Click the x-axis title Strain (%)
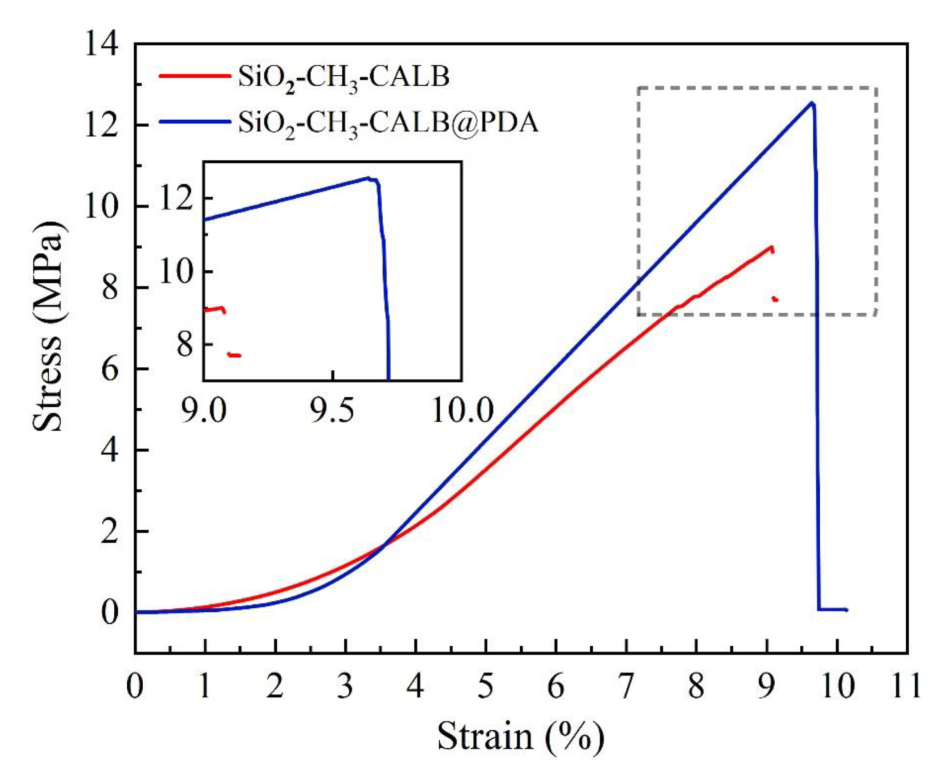[520, 737]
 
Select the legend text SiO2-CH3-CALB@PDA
[388, 122]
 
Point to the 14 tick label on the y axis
[102, 44]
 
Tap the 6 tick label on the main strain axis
[556, 686]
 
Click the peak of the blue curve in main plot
[812, 103]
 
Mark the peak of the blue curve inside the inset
[368, 178]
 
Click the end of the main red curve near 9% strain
[771, 248]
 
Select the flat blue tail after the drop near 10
[832, 610]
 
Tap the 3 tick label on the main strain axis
[345, 686]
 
